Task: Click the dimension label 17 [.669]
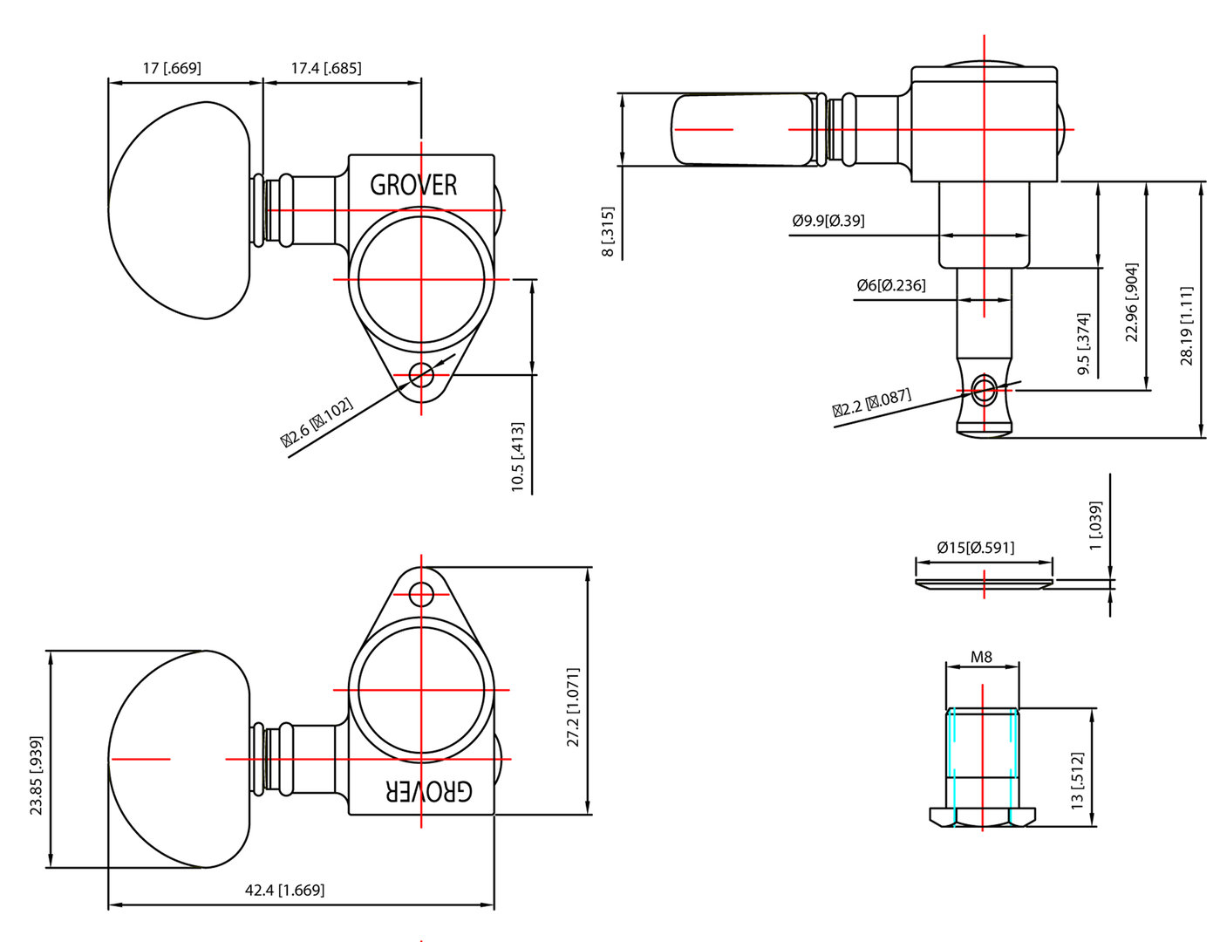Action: [172, 68]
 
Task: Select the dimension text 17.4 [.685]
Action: [326, 68]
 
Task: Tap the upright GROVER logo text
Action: [413, 185]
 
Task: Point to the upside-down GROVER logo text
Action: [429, 790]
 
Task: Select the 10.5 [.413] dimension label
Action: [518, 457]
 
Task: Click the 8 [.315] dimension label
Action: [608, 232]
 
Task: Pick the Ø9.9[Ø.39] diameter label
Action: [828, 221]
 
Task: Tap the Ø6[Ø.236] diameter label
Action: [890, 285]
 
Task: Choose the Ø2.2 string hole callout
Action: [871, 403]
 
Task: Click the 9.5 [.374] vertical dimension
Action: [1084, 344]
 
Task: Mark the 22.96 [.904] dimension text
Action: [1132, 302]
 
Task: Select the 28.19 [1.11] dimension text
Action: [1187, 324]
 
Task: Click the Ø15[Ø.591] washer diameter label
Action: [975, 548]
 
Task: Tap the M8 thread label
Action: [982, 657]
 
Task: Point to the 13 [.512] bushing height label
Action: [1078, 781]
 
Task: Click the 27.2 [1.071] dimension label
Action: [573, 707]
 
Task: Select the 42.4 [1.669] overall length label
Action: [284, 891]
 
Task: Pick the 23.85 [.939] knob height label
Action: [36, 775]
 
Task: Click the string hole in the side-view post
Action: [984, 390]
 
